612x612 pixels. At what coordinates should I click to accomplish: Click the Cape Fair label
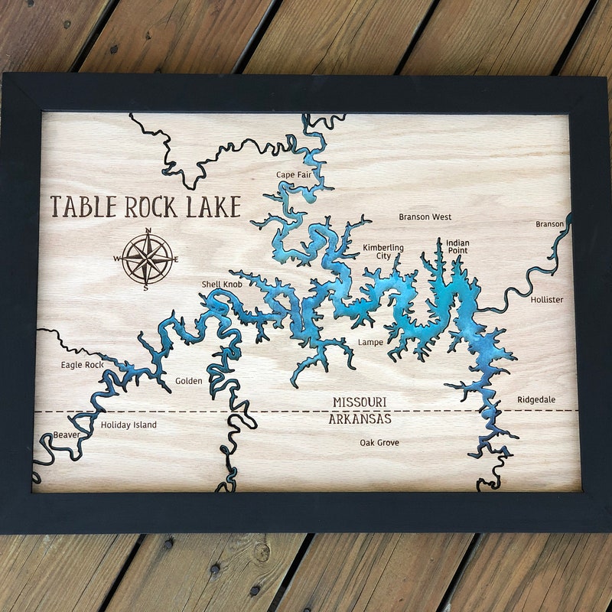click(293, 175)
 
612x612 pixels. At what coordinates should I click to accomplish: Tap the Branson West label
click(425, 217)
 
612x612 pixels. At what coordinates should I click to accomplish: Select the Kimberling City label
click(382, 252)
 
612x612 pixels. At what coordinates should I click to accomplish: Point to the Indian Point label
click(457, 246)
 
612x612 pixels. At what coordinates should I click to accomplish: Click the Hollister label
click(546, 300)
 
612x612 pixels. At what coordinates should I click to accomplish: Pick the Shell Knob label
click(222, 285)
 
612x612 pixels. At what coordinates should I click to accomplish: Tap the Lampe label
click(370, 342)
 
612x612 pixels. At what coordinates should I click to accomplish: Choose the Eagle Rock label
click(82, 365)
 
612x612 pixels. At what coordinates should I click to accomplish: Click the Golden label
click(189, 381)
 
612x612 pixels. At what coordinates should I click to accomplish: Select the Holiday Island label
click(129, 425)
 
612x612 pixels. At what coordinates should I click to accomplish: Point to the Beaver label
click(66, 435)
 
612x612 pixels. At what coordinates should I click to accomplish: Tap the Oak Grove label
click(379, 443)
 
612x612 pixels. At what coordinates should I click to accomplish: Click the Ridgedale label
click(536, 400)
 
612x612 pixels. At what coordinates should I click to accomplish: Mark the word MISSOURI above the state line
click(360, 402)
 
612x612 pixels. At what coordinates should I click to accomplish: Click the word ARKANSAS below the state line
click(360, 419)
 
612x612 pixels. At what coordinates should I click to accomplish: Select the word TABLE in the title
click(83, 207)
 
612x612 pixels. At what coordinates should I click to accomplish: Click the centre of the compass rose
click(147, 259)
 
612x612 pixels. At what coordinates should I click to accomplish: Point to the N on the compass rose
click(148, 231)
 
